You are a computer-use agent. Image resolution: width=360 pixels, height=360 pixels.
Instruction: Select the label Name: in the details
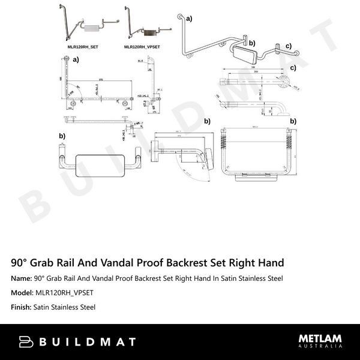(21, 278)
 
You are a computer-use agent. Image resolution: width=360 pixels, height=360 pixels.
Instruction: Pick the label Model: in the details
(23, 293)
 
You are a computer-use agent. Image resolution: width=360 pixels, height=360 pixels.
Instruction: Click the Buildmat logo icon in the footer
(26, 342)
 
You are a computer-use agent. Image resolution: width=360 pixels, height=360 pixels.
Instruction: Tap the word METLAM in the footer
(320, 338)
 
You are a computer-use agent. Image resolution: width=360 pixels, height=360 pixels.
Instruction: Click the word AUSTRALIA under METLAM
(320, 347)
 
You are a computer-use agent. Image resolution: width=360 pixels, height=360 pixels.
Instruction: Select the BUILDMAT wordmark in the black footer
(87, 342)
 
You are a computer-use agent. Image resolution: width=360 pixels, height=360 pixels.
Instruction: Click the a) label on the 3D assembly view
(190, 19)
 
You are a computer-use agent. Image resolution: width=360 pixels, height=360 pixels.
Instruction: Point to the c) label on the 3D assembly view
(289, 46)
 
